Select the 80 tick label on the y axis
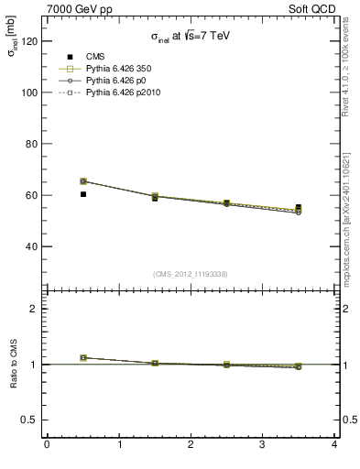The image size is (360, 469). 29,144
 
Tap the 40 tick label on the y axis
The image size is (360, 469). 29,246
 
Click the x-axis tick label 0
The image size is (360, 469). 47,446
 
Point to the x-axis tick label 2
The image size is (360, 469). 191,446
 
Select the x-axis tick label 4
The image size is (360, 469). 334,446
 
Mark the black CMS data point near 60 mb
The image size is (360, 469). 82,194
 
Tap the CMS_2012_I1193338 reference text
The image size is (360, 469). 191,273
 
